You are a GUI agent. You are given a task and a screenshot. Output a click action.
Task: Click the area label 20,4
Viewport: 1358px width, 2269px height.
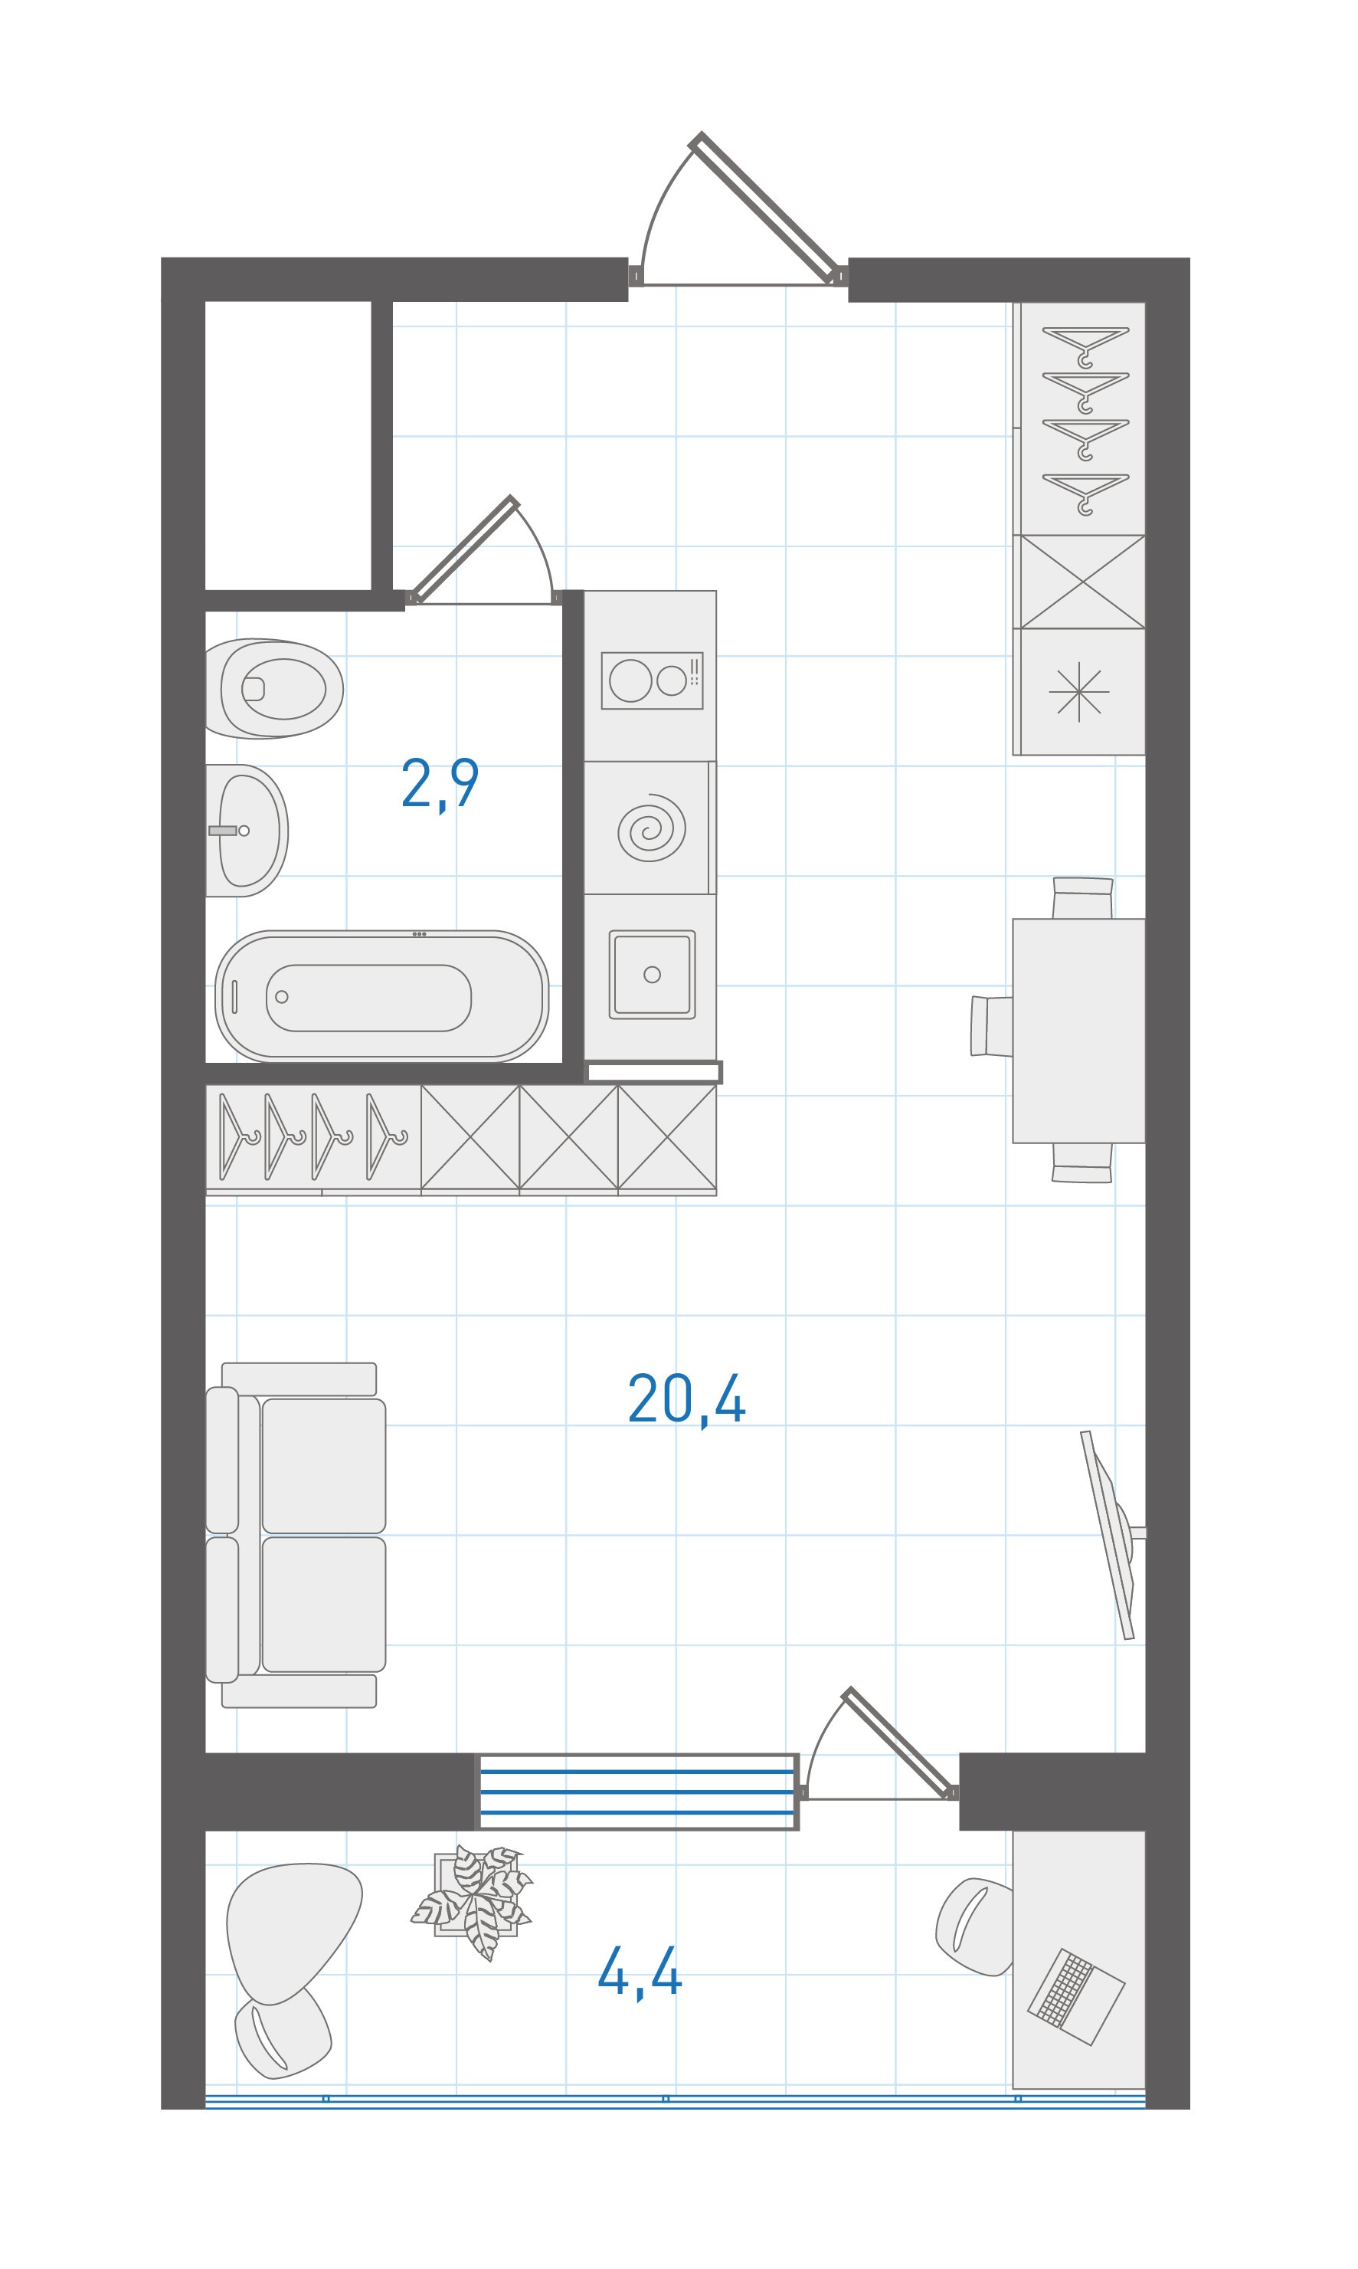click(686, 1399)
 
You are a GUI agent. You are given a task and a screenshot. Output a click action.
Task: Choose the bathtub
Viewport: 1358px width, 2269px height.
click(381, 996)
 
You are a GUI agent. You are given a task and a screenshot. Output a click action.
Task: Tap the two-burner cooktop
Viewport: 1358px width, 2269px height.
click(652, 680)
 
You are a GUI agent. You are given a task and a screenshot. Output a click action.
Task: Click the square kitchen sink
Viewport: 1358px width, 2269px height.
click(652, 975)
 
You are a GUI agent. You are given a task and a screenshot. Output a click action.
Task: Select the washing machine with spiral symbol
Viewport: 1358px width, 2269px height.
click(650, 828)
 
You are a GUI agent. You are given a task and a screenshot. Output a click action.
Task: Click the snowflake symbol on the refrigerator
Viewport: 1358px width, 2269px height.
click(1079, 691)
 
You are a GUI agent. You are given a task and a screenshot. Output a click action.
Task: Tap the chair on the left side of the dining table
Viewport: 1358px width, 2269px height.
click(992, 1026)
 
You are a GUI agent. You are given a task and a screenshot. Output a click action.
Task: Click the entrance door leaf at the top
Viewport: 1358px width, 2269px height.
click(766, 208)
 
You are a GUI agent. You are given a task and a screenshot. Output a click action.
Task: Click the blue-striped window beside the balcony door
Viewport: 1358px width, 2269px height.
click(638, 1792)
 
